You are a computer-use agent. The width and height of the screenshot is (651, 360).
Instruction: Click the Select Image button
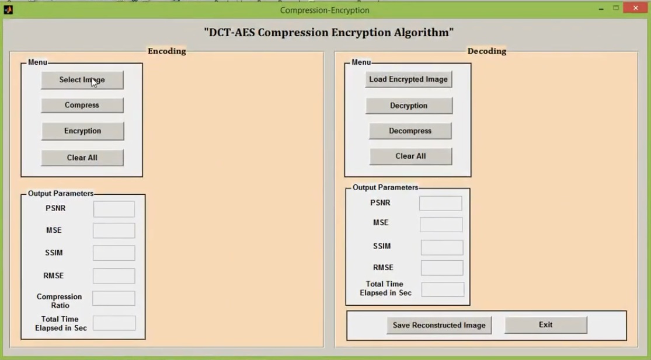coord(82,80)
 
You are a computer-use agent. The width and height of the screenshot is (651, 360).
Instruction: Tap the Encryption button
coord(82,131)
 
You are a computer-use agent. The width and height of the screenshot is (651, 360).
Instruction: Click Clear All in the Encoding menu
coord(82,158)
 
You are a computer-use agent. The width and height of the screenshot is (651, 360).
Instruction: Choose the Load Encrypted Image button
coord(408,79)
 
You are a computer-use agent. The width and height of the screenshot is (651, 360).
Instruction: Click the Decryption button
coord(409,106)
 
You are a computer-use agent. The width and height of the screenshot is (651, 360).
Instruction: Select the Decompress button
coord(410,131)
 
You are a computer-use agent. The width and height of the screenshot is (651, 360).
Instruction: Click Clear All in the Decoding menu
coord(410,156)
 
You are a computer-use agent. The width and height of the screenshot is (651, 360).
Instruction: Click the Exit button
coord(545,325)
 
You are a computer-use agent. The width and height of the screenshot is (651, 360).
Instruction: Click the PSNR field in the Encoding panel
coord(114,209)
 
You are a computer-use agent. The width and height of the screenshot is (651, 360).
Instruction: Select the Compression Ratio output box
coord(114,299)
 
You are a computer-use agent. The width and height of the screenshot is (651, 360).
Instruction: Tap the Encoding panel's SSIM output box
coord(114,253)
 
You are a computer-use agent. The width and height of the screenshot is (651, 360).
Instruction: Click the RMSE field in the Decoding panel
coord(442,268)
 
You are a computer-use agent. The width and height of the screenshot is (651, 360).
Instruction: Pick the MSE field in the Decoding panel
coord(441,225)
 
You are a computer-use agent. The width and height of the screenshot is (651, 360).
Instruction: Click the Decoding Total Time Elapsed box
coord(443,289)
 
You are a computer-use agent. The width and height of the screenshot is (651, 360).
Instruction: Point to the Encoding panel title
coord(166,51)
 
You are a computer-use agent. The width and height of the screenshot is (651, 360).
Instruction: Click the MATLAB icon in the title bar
coord(8,9)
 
